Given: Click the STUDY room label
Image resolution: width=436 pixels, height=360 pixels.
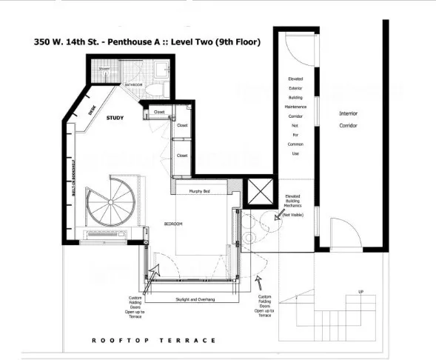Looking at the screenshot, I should pos(115,118).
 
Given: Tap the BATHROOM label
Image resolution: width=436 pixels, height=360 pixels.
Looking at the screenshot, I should pos(133,85).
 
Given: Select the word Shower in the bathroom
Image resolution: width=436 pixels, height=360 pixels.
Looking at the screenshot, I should pos(104,69).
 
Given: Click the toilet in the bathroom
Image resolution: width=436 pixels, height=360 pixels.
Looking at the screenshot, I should pos(150,90).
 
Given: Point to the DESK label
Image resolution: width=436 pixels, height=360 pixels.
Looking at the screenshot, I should pos(93,110).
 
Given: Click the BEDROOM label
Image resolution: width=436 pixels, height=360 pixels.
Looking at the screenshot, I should pos(173,224).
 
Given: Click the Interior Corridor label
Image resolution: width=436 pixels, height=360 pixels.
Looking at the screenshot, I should pos(348,119).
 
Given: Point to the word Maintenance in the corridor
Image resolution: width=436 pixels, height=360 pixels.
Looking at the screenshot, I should pos(295,106).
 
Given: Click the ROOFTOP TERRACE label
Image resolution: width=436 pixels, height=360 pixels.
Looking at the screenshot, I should pos(154,340).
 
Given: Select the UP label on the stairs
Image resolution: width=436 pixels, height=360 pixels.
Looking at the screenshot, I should pos(360,292).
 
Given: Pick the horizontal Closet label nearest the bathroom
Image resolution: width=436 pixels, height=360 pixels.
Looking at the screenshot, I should pos(158,112).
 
